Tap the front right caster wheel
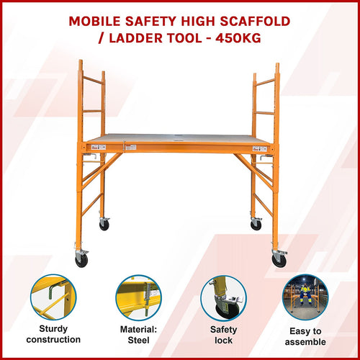[x=279, y=260]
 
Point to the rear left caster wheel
[x=104, y=225]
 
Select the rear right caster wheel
[x=256, y=225]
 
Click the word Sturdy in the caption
[x=53, y=328]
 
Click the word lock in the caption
[x=223, y=341]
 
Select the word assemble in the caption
[x=305, y=342]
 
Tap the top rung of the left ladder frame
[x=92, y=80]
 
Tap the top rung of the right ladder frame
[x=264, y=80]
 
